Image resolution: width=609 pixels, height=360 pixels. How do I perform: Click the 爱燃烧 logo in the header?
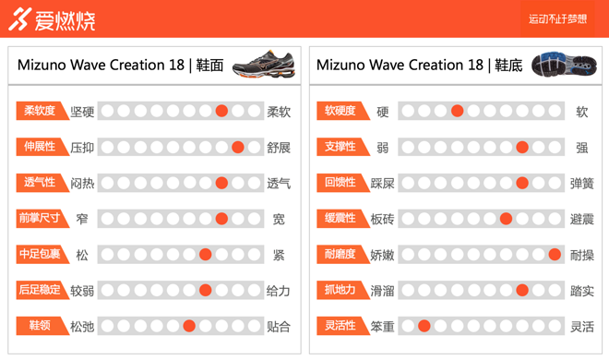click(x=52, y=19)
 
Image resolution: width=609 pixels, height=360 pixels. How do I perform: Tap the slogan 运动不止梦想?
click(x=557, y=18)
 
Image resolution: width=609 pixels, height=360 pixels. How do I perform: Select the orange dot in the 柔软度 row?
click(x=221, y=111)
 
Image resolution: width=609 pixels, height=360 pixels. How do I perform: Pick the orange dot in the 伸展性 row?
click(x=238, y=147)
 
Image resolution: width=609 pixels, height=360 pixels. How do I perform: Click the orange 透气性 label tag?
click(x=41, y=183)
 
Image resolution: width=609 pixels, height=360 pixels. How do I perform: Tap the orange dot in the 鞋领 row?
click(x=189, y=326)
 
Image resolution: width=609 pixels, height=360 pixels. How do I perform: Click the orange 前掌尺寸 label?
click(x=41, y=219)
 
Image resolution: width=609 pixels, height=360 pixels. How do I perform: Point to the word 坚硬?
click(x=82, y=112)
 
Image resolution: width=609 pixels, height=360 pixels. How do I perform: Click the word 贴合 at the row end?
click(x=278, y=327)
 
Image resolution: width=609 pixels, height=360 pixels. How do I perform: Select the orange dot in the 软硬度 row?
click(x=457, y=111)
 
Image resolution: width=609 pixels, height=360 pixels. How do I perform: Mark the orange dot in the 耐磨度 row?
click(x=555, y=255)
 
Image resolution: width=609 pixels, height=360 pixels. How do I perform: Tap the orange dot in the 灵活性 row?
click(x=424, y=326)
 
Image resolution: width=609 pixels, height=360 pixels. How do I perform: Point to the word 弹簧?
click(x=581, y=184)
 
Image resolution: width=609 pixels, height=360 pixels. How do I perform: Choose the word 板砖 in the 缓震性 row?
click(x=382, y=220)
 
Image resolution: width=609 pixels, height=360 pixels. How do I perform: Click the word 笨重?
click(x=382, y=327)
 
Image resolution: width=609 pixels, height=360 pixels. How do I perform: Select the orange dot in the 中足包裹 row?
click(x=205, y=255)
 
